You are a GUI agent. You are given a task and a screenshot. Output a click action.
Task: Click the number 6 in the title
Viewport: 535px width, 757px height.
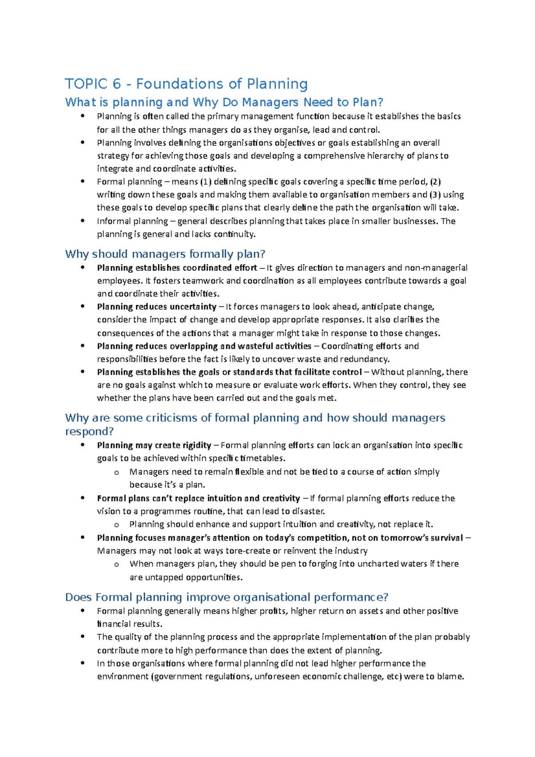pyautogui.click(x=116, y=84)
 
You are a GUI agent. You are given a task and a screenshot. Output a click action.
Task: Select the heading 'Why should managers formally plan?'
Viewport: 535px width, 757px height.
pyautogui.click(x=165, y=254)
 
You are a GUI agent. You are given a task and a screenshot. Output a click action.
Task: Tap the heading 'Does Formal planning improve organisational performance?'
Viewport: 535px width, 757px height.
pyautogui.click(x=226, y=597)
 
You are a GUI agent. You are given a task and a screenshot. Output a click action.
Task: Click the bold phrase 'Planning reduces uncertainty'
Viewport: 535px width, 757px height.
pyautogui.click(x=156, y=307)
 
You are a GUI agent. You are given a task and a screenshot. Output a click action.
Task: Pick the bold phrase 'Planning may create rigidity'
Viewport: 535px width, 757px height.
pyautogui.click(x=154, y=445)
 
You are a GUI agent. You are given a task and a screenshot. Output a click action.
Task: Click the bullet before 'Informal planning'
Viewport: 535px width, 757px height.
pyautogui.click(x=82, y=221)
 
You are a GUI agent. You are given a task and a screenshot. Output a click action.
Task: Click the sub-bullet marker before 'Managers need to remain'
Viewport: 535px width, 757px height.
pyautogui.click(x=116, y=472)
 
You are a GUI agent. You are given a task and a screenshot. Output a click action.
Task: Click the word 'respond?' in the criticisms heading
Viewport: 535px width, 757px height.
pyautogui.click(x=89, y=432)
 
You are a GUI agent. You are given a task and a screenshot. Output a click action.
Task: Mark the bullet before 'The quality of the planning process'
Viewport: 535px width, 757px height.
pyautogui.click(x=82, y=637)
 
